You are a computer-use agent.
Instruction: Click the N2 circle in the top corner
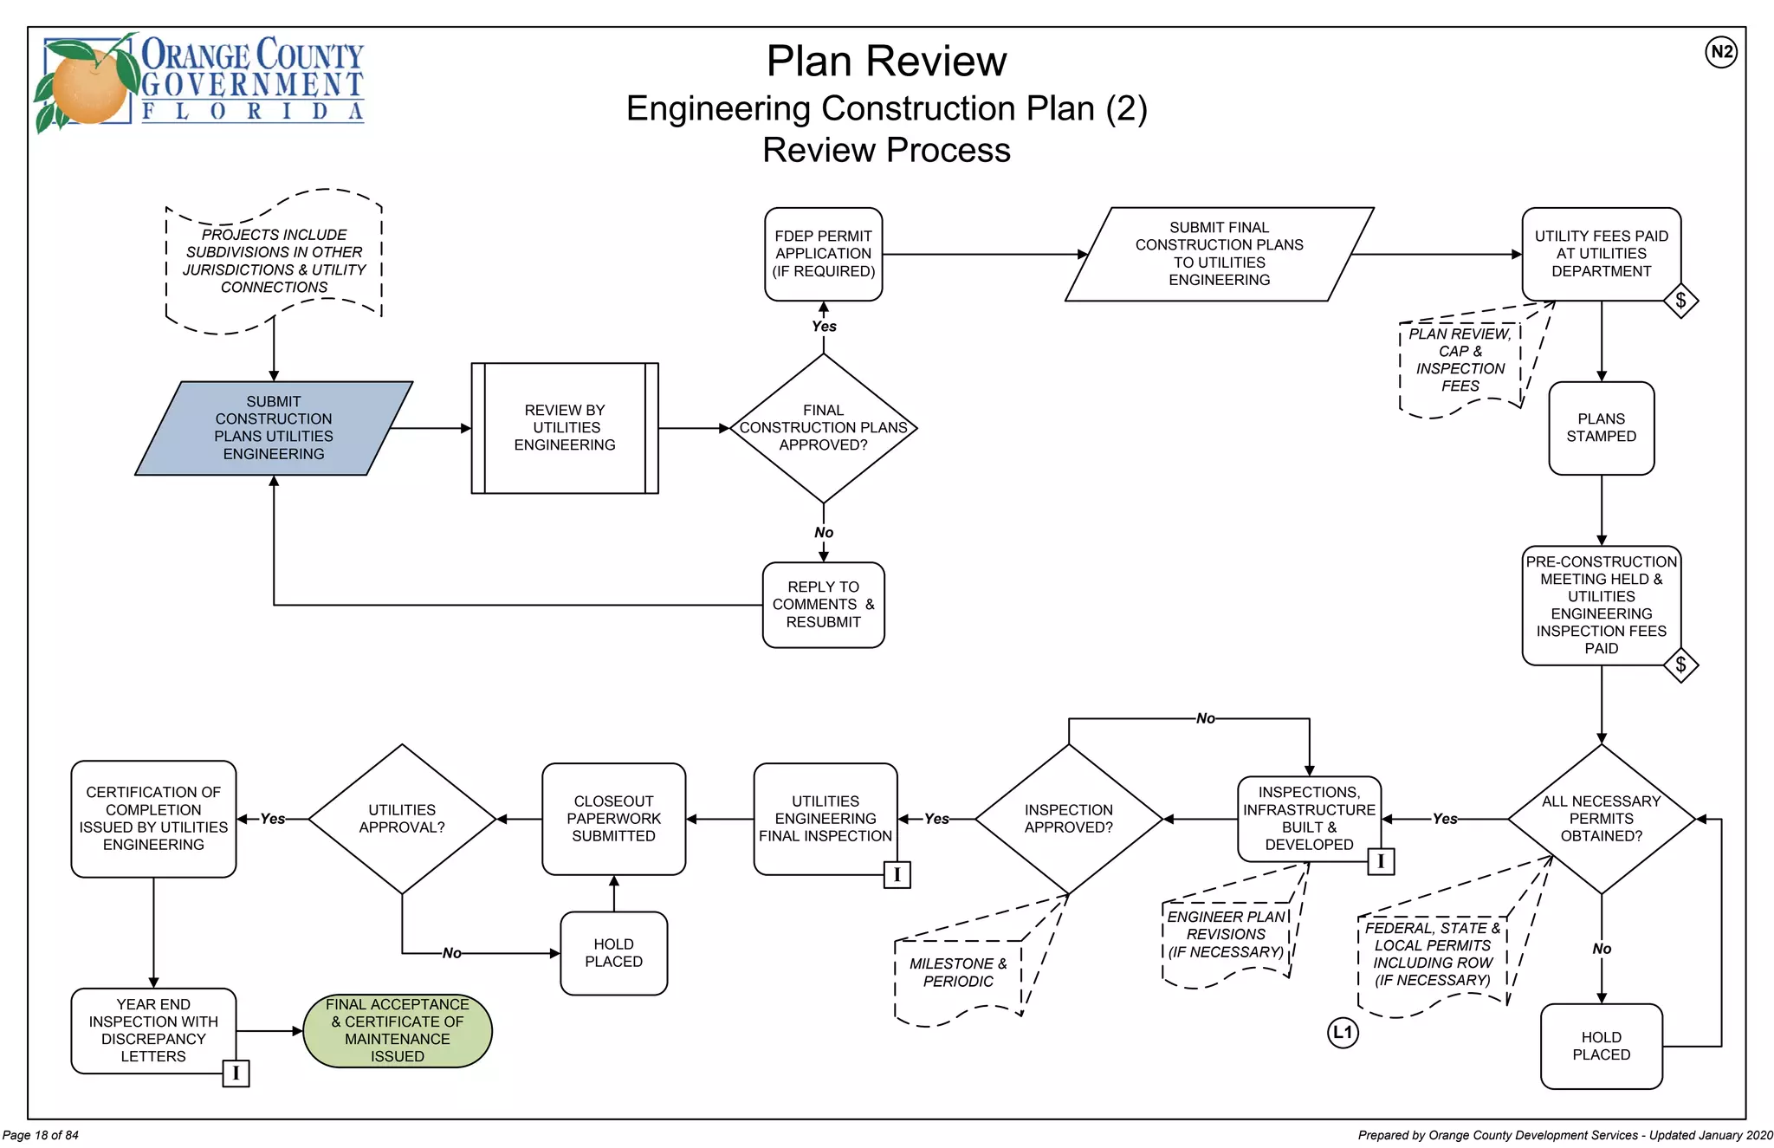tap(1721, 52)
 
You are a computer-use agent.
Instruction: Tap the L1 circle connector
tap(1343, 1032)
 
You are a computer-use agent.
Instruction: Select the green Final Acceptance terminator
tap(398, 1030)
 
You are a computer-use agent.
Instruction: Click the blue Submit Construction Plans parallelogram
tap(274, 428)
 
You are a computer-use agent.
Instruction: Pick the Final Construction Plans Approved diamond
tap(823, 428)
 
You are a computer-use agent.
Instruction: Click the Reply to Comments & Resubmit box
tap(823, 605)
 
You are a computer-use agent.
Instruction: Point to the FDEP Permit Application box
tap(823, 254)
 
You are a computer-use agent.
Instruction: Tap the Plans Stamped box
tap(1601, 428)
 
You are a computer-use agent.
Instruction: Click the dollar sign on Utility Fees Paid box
tap(1680, 301)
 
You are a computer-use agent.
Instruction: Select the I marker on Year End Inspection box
tap(236, 1073)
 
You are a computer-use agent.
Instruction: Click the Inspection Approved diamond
tap(1068, 819)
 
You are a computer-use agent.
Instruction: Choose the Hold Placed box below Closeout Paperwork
tap(613, 953)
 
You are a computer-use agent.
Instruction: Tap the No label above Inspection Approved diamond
tap(1205, 718)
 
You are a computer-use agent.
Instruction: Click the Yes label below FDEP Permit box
tap(824, 327)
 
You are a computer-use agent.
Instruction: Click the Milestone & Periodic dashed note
tap(958, 973)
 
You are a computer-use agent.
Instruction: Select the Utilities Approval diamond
tap(402, 819)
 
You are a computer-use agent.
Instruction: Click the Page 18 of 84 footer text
tap(41, 1135)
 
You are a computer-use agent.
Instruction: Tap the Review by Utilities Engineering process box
tap(565, 428)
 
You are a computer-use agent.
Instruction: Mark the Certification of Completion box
tap(153, 819)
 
